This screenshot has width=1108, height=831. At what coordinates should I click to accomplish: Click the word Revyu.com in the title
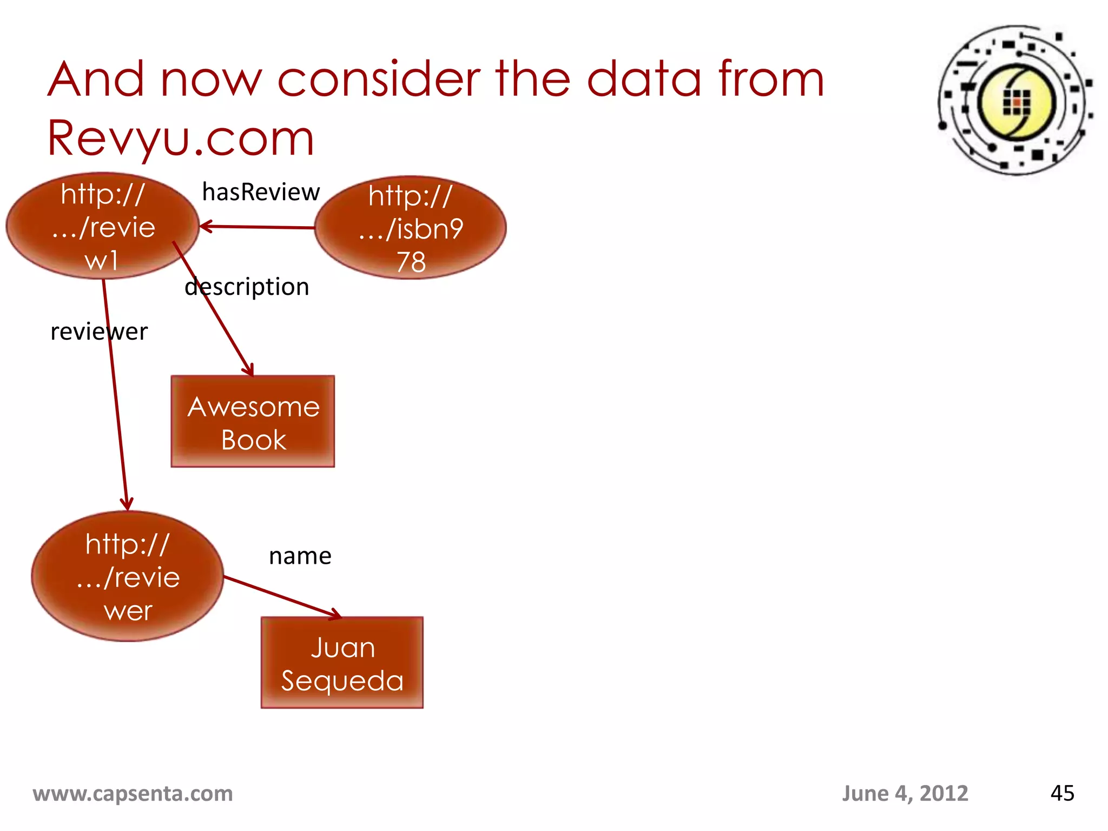[x=181, y=138]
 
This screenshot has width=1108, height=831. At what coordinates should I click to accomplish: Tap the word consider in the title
[x=379, y=80]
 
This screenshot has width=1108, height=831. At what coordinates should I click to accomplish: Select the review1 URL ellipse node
[x=102, y=226]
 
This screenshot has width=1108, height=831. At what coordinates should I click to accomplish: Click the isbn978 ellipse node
[x=411, y=228]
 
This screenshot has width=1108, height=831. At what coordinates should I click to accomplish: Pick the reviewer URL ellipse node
[x=128, y=577]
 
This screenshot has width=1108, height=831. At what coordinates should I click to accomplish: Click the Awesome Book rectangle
[x=253, y=421]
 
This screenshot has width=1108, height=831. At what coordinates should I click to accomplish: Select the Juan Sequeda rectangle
[x=342, y=663]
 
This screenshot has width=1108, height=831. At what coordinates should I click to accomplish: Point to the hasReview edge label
[x=261, y=192]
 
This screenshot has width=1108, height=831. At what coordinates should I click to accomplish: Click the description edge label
[x=247, y=287]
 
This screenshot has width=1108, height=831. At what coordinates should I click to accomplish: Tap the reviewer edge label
[x=98, y=332]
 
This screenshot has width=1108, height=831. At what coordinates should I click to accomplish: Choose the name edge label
[x=300, y=556]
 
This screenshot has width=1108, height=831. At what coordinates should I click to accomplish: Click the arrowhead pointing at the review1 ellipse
[x=205, y=226]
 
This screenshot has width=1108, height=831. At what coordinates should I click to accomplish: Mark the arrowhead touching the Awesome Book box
[x=249, y=371]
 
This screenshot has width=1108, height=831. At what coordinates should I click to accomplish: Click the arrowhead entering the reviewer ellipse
[x=127, y=506]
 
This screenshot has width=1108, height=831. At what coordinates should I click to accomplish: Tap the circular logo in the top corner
[x=1015, y=101]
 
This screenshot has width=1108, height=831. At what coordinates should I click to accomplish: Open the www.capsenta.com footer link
[x=133, y=794]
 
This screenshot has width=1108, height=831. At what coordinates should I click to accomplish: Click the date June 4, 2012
[x=905, y=794]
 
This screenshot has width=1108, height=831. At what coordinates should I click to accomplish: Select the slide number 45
[x=1062, y=793]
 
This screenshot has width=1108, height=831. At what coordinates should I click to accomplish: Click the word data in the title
[x=644, y=80]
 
